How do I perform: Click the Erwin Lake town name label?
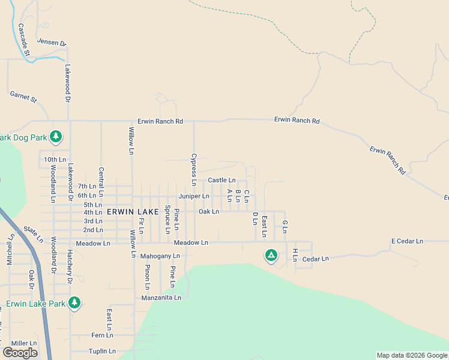click(133, 212)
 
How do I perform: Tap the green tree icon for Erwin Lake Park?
click(74, 302)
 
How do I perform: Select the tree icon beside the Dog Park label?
click(56, 137)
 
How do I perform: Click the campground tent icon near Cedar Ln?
click(271, 256)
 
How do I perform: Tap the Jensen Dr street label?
click(52, 42)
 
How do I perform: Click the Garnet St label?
click(23, 97)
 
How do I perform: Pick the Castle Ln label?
click(221, 180)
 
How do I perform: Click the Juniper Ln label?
click(194, 196)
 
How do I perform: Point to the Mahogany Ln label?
click(160, 256)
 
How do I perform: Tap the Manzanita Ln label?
click(161, 298)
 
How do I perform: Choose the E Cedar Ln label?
click(407, 241)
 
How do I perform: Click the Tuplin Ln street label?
click(101, 351)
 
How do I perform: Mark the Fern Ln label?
click(98, 335)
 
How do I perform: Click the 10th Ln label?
click(55, 160)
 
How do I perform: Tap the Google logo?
click(20, 353)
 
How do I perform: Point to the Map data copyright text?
click(412, 355)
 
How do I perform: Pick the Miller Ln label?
click(24, 343)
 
